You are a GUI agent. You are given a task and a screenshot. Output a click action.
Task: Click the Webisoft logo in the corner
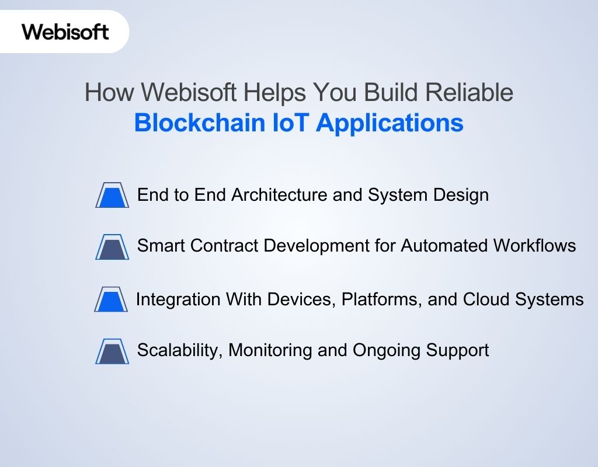pyautogui.click(x=65, y=31)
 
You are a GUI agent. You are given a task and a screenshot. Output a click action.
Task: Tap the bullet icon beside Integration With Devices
pyautogui.click(x=111, y=299)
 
